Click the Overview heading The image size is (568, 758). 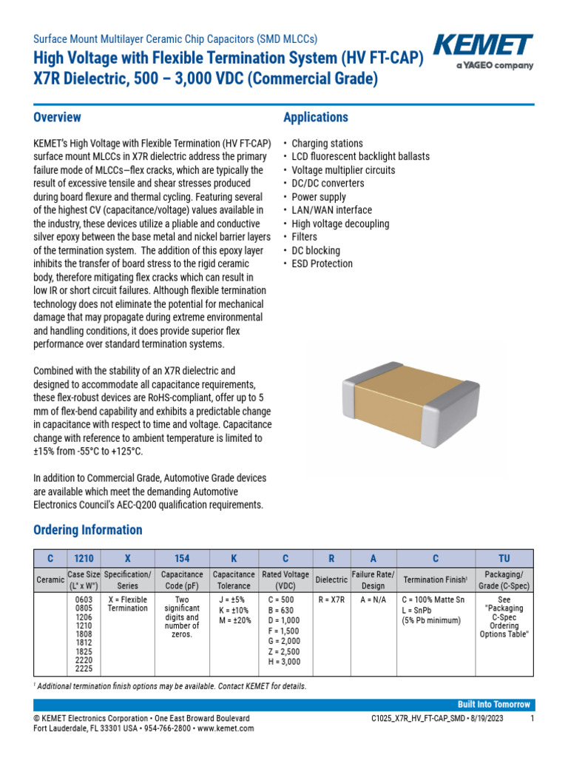(58, 118)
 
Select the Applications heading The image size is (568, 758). (316, 118)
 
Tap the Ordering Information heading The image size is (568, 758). (88, 530)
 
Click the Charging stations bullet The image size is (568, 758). (327, 144)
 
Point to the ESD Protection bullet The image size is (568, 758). (322, 264)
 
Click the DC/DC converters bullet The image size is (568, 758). (328, 184)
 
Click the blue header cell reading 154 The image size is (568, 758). (182, 558)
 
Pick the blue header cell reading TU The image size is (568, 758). (504, 558)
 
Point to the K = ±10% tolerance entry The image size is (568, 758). (232, 609)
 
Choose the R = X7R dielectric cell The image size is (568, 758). (331, 599)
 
